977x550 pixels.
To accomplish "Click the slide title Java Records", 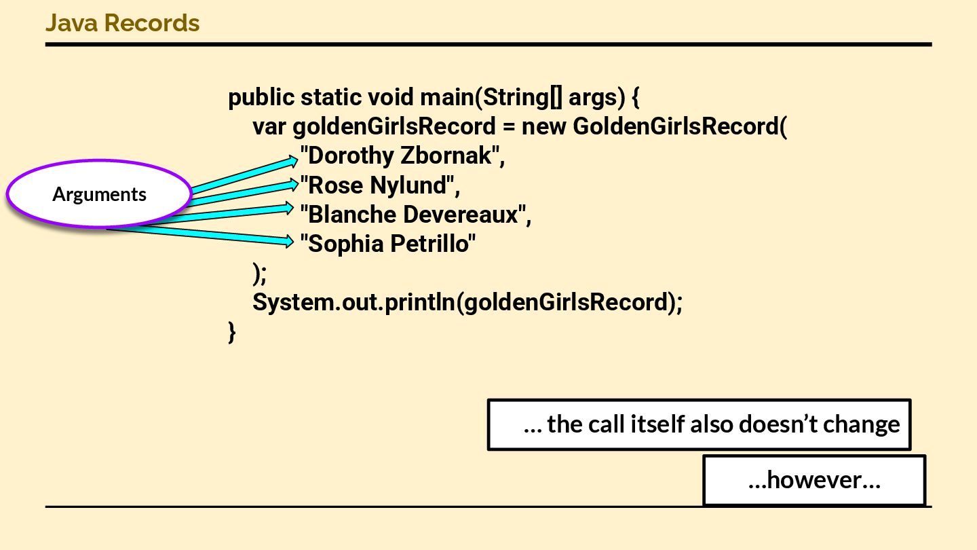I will click(x=122, y=23).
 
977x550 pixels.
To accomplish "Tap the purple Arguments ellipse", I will click(x=99, y=194).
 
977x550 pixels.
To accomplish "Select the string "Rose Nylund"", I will click(x=377, y=185).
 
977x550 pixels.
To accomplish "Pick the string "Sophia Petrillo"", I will click(x=388, y=244).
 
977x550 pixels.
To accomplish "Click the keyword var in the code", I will click(x=270, y=127).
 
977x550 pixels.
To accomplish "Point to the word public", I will click(x=261, y=98).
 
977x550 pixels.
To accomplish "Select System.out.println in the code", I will click(x=353, y=302).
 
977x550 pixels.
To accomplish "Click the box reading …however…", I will click(x=814, y=481).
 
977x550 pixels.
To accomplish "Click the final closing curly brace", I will click(x=232, y=332).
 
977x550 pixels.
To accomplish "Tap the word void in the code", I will click(x=391, y=98).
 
